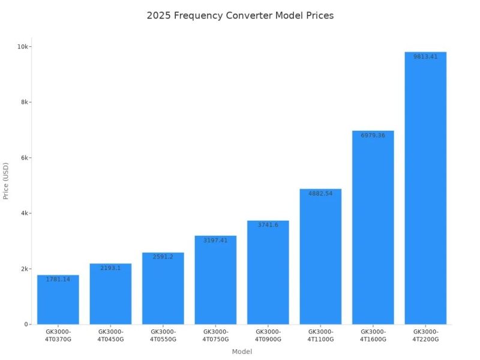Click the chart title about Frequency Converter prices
point(240,16)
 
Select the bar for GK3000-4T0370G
point(58,300)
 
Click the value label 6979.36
point(373,136)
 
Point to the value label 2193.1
point(110,268)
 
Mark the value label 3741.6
point(268,225)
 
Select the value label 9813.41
point(425,57)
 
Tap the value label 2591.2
point(163,257)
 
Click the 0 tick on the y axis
point(27,325)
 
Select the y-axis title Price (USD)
point(6,181)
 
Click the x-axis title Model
point(242,352)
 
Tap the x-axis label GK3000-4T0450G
point(110,335)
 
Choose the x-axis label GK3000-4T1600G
point(373,335)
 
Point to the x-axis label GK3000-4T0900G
point(268,335)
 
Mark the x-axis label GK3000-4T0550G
point(163,335)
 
